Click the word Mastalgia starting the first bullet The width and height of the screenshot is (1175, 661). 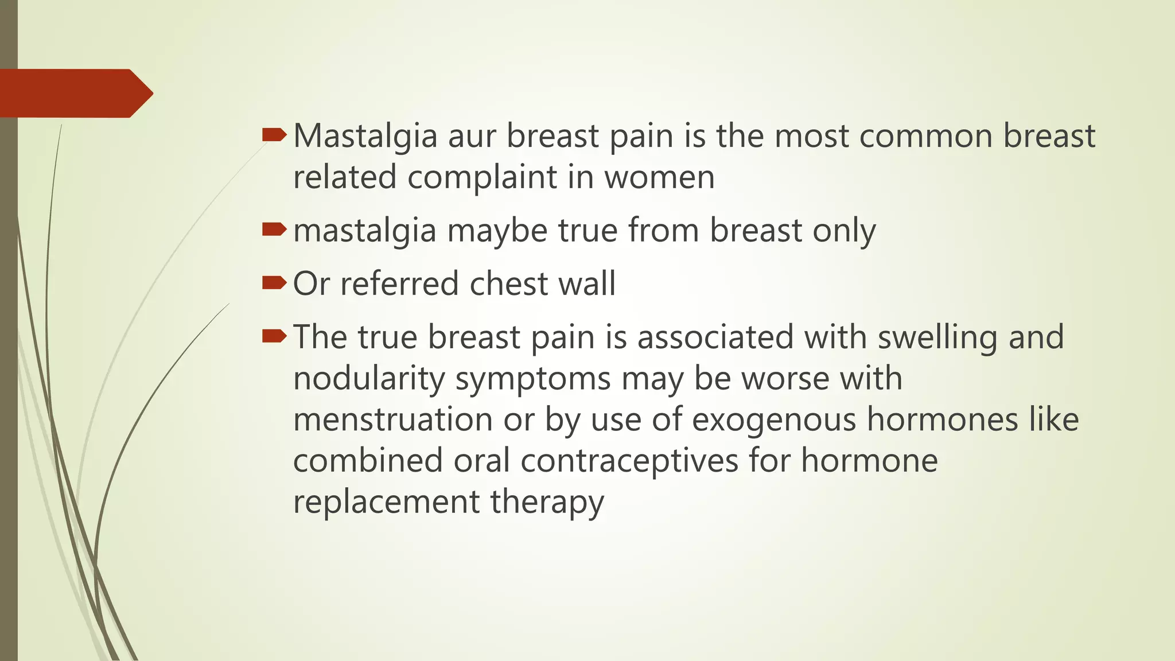[x=365, y=137]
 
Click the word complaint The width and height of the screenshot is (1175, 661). [x=483, y=177]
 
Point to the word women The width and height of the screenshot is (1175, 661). [x=659, y=177]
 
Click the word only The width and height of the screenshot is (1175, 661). [x=844, y=231]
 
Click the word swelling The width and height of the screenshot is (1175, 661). [x=937, y=337]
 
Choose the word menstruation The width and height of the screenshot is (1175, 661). [x=393, y=419]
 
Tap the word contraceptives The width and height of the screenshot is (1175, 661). [x=629, y=461]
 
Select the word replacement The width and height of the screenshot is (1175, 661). [x=386, y=502]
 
